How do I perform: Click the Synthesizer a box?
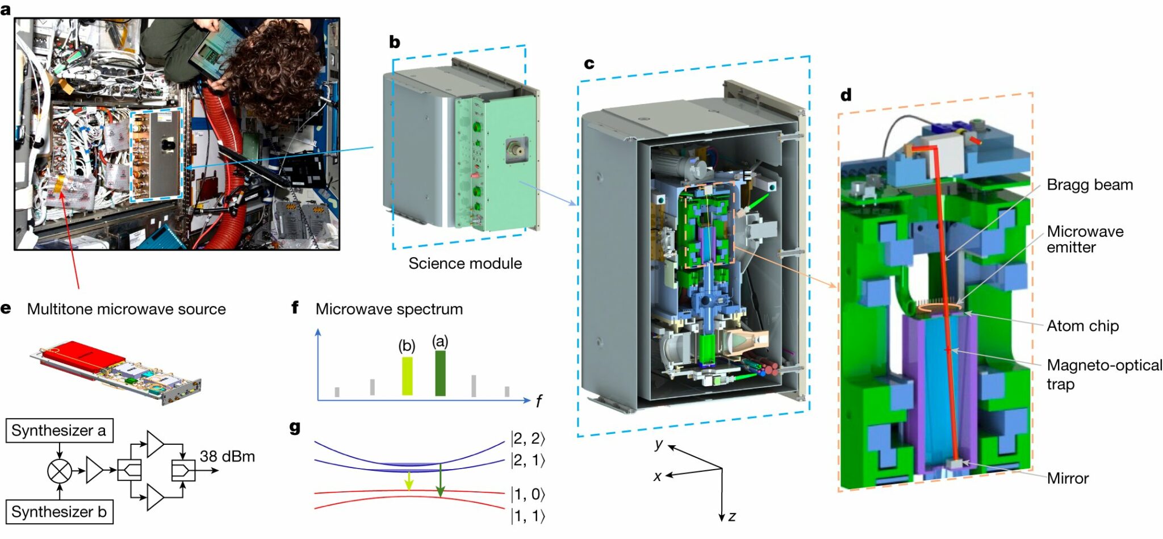pos(59,431)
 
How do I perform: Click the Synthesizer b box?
pos(59,512)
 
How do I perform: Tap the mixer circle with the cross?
pos(60,471)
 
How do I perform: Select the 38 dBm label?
pos(227,457)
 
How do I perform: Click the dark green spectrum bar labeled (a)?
pos(440,373)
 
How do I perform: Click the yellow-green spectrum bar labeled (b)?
pos(407,376)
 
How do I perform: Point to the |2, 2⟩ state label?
pos(528,438)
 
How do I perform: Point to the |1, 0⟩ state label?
pos(528,494)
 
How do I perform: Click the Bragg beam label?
pos(1089,185)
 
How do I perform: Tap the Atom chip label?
pos(1082,326)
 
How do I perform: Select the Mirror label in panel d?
pos(1068,478)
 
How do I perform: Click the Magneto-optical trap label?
pos(1104,374)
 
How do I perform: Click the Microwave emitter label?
pos(1085,239)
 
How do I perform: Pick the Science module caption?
pos(465,264)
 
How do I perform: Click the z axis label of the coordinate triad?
pos(732,516)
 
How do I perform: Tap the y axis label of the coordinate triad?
pos(659,444)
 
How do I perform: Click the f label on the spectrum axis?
pos(538,402)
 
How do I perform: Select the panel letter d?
pos(846,95)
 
